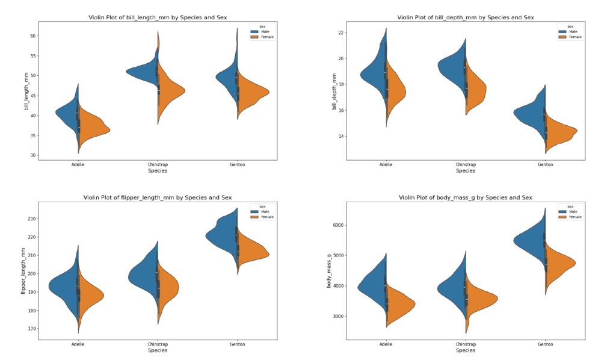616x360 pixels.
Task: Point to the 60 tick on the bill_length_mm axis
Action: tap(33, 36)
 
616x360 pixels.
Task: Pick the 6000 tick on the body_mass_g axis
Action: tap(337, 225)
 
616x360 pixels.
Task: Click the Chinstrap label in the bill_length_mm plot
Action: tap(157, 164)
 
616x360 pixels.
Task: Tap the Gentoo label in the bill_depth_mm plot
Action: tap(545, 164)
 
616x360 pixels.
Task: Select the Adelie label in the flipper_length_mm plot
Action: tap(78, 344)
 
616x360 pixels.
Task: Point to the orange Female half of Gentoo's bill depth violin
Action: tap(559, 132)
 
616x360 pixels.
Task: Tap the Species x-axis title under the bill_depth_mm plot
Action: tap(465, 170)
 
